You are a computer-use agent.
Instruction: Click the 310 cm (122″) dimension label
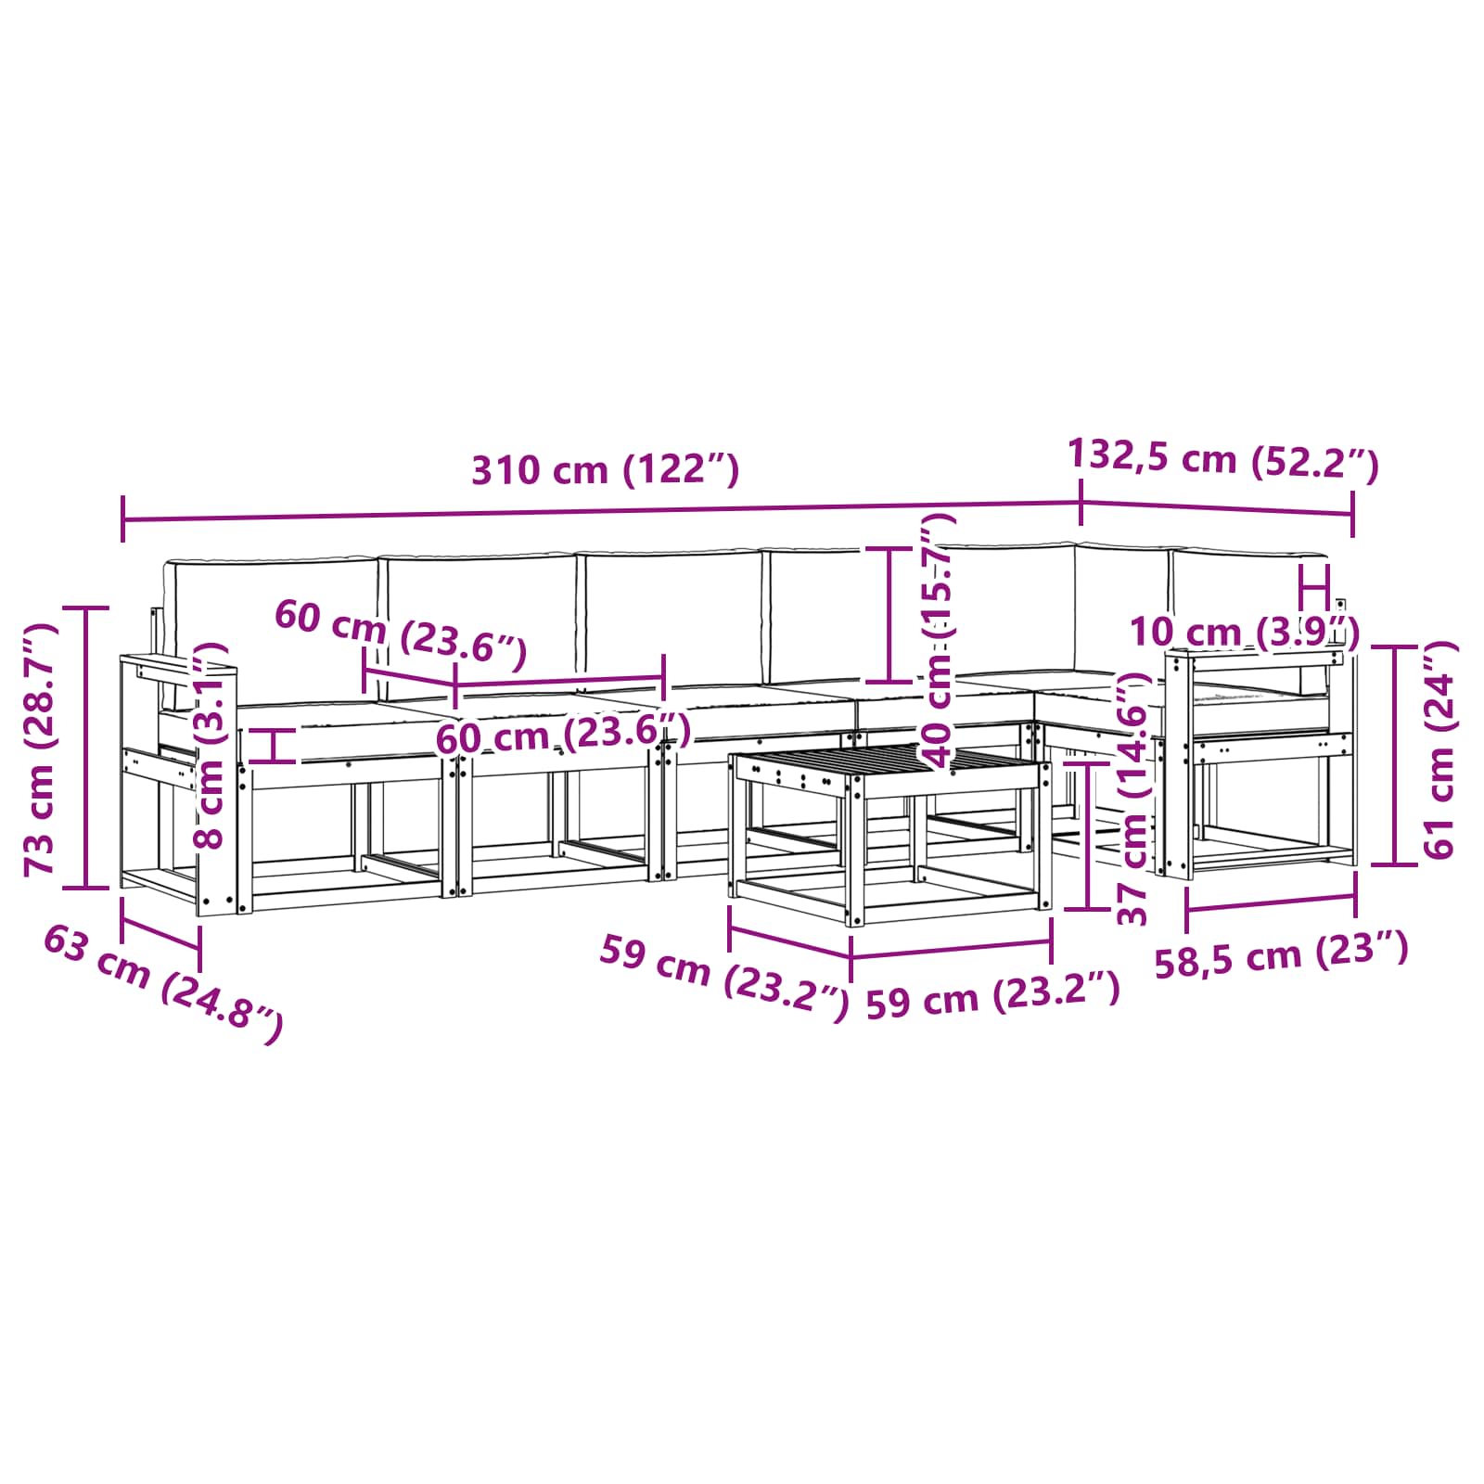tap(606, 470)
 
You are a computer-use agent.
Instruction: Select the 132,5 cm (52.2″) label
tap(1223, 458)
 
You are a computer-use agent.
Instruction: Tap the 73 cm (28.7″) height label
tap(41, 749)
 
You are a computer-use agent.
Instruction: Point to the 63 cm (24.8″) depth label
tap(163, 984)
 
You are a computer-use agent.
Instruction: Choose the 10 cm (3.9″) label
tap(1244, 633)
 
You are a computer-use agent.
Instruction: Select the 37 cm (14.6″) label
tap(1134, 799)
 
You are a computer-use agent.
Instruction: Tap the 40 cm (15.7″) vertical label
tap(938, 640)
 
